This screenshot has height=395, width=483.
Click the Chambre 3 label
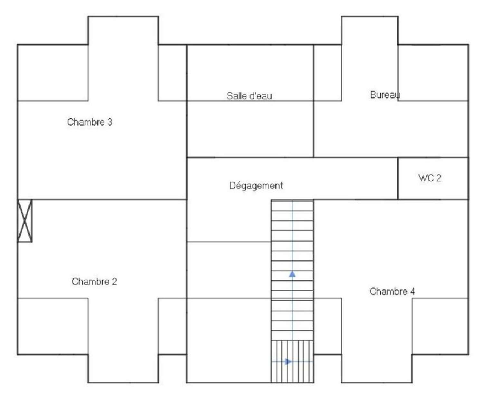pos(90,122)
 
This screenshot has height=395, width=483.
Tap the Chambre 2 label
pos(94,282)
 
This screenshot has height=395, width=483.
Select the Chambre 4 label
pos(392,292)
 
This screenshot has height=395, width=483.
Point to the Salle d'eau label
pos(249,96)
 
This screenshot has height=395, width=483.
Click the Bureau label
pos(385,95)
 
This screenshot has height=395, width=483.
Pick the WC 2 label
pos(430,178)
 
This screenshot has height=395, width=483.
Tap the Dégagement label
pos(256,186)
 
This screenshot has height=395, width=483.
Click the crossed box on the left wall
pos(25,221)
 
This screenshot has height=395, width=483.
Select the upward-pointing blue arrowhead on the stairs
pos(292,274)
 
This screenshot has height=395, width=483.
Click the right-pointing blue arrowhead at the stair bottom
pos(288,361)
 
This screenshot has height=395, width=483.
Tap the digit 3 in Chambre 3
pos(110,122)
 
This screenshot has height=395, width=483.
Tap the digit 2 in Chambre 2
pos(114,282)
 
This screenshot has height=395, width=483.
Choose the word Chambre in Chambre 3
pos(86,122)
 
